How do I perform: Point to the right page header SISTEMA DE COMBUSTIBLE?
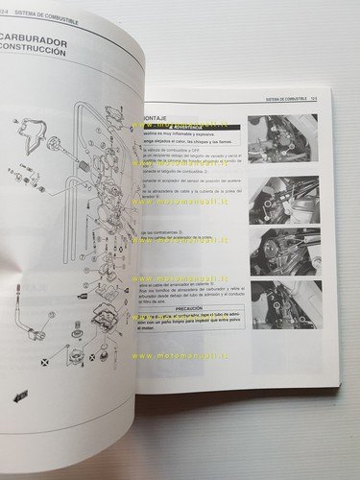[x=287, y=99]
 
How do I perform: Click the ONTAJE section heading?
[x=155, y=117]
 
